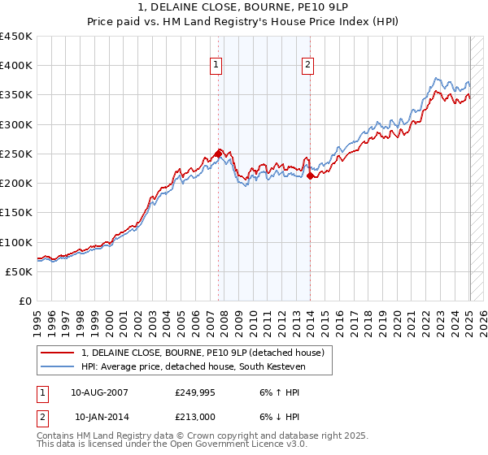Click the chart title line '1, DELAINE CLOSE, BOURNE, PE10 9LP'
[x=244, y=8]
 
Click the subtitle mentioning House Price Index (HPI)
[x=244, y=22]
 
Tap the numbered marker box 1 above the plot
[x=217, y=66]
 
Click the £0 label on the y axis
[x=26, y=301]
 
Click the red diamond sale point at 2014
[x=311, y=175]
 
